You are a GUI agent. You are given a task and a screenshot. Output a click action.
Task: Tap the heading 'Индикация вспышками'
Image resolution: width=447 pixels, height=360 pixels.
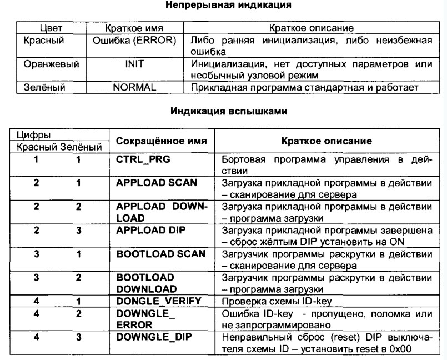224,111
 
